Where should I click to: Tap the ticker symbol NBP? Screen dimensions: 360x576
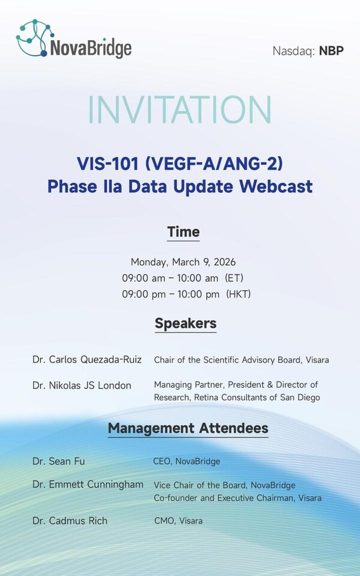point(331,50)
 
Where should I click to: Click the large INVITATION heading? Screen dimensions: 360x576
point(179,109)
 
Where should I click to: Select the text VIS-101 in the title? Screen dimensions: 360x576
point(107,163)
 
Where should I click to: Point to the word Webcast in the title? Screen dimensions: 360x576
point(276,186)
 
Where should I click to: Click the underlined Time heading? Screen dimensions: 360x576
point(183,232)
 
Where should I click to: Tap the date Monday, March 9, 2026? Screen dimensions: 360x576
point(183,262)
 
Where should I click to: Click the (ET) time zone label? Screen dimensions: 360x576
point(234,278)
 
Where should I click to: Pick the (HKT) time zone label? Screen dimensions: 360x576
point(238,294)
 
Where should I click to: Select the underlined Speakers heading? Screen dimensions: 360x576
point(185,323)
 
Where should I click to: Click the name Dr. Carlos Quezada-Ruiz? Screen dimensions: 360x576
point(87,359)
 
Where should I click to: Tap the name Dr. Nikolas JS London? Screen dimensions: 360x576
point(82,385)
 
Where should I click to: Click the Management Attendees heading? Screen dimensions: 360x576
point(188,428)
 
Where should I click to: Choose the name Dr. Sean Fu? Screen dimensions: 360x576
point(59,461)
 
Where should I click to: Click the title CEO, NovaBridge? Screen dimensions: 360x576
point(186,461)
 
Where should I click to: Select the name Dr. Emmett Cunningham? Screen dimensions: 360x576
point(88,484)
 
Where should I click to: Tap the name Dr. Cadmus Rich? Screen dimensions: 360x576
point(70,520)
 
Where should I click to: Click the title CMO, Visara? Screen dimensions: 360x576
point(178,520)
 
